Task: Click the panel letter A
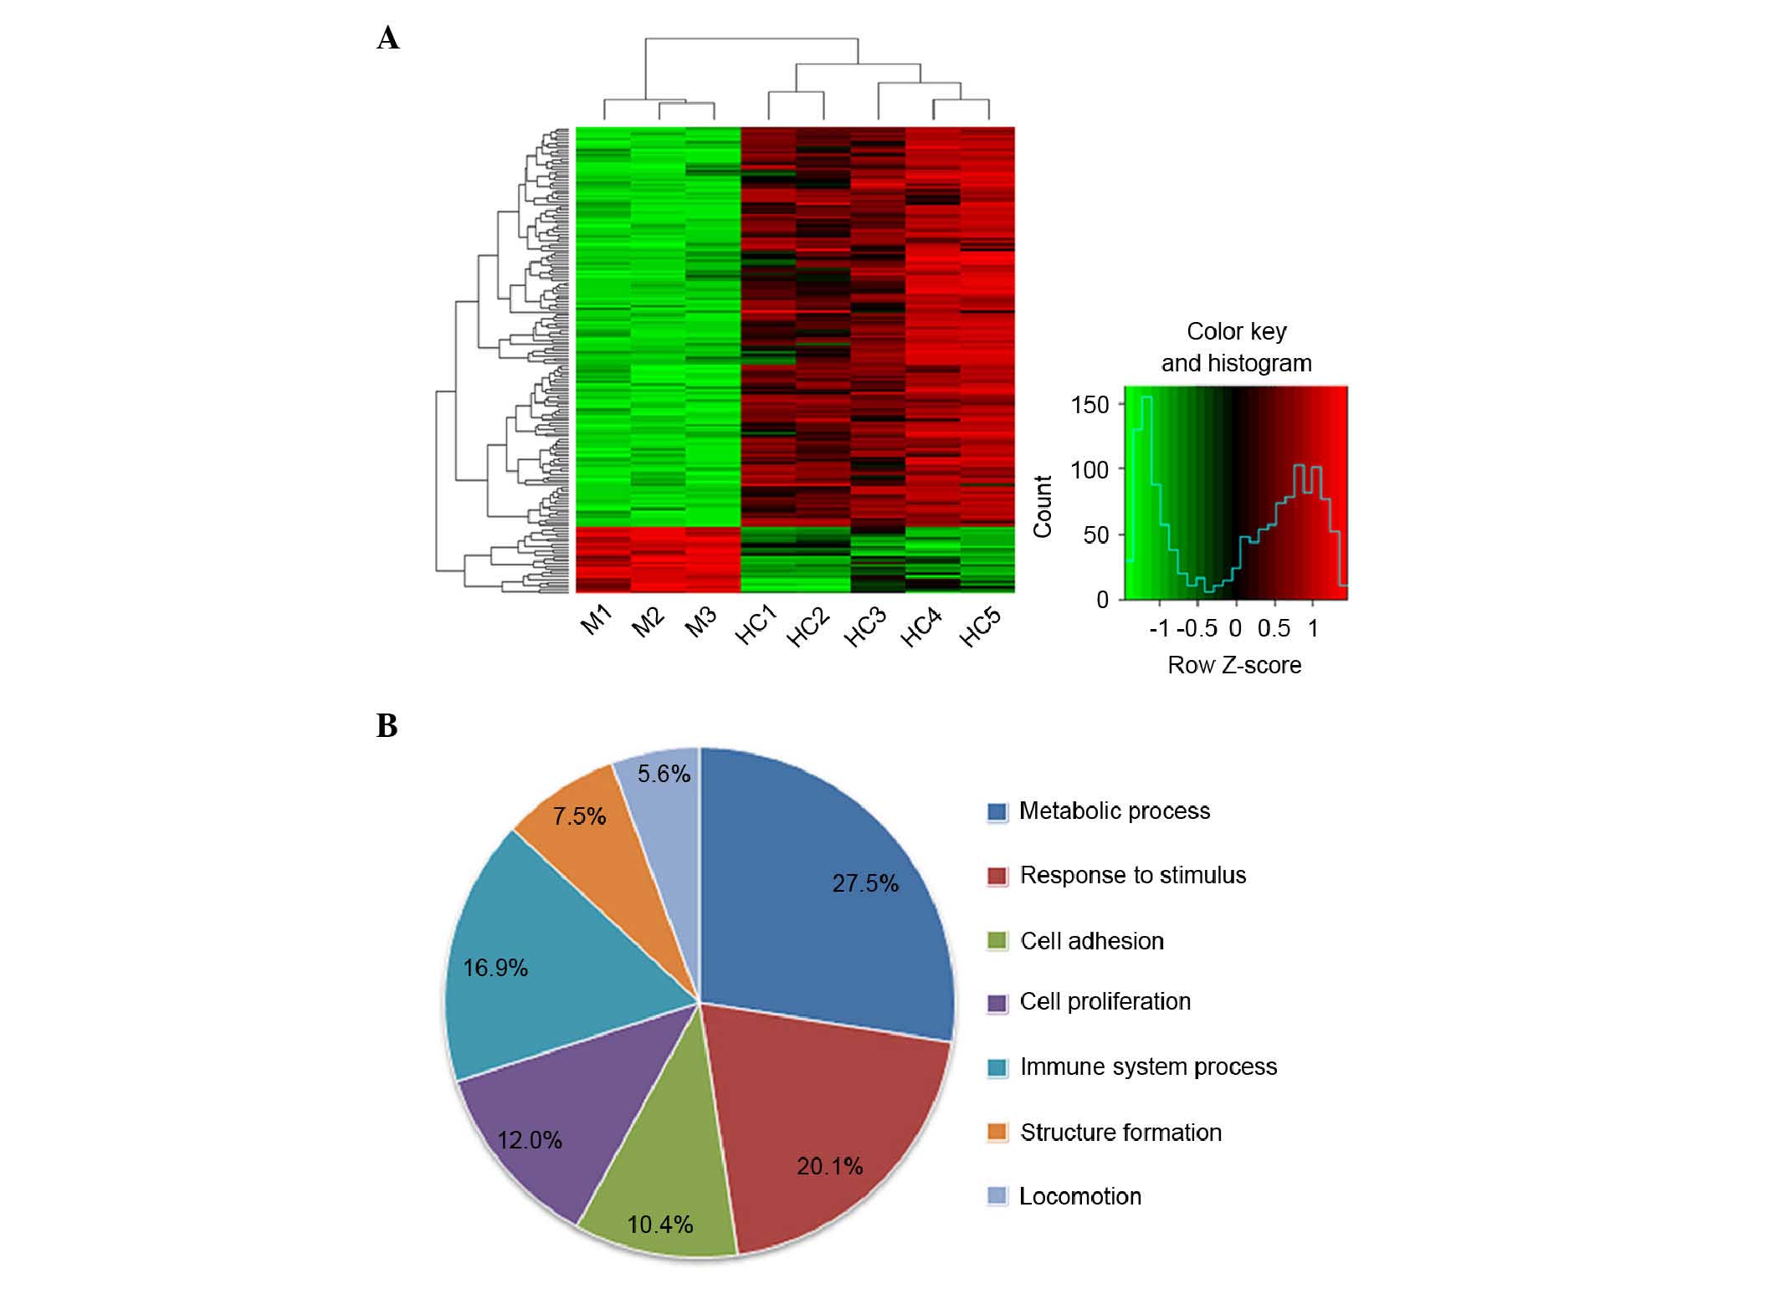click(387, 38)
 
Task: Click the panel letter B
click(387, 725)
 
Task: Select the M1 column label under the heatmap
click(597, 621)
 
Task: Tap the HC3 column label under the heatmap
click(864, 627)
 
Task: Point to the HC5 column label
click(980, 627)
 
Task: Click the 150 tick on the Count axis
click(1089, 405)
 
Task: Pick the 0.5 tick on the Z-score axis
click(1273, 628)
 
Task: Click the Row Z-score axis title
click(1234, 665)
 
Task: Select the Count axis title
click(1043, 506)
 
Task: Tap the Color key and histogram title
click(1236, 347)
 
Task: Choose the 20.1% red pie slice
click(820, 1138)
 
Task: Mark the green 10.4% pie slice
click(661, 1196)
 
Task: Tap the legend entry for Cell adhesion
click(1091, 941)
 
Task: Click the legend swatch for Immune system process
click(997, 1067)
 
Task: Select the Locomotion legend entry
click(1079, 1196)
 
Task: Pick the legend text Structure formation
click(1120, 1133)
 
